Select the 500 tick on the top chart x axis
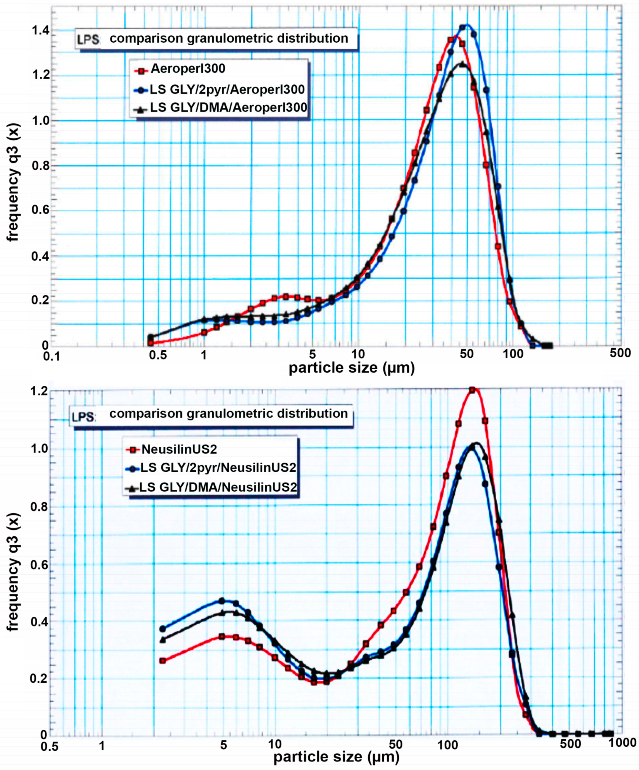(620, 353)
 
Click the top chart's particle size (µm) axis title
(351, 368)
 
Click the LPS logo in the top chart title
(88, 40)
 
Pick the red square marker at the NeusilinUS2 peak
(472, 390)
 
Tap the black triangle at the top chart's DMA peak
(462, 64)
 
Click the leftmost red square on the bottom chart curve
(163, 661)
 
